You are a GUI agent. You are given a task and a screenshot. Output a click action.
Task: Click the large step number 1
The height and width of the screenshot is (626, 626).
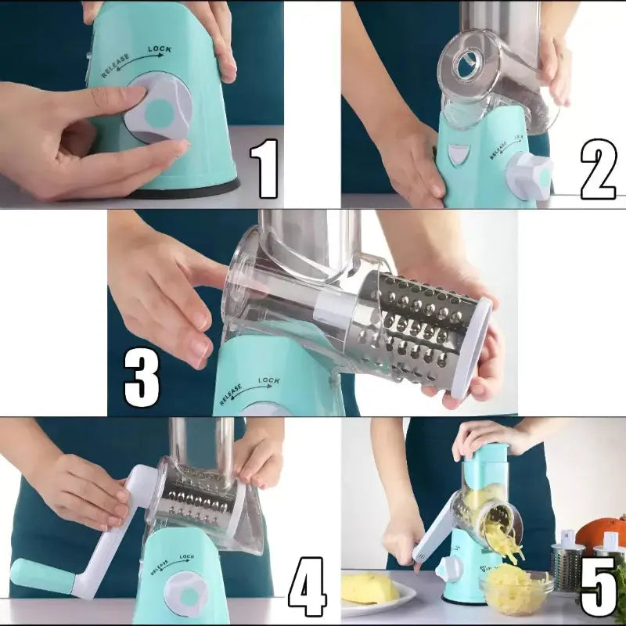pos(264,168)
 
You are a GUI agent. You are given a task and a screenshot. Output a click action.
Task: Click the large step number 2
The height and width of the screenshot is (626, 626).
pos(598,169)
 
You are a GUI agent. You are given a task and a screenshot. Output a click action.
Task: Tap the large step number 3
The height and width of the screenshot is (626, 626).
pos(142,377)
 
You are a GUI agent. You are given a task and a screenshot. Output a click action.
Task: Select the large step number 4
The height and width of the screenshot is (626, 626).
pos(307,587)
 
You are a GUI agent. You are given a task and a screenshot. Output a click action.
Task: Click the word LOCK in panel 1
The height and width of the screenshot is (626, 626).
pos(160,49)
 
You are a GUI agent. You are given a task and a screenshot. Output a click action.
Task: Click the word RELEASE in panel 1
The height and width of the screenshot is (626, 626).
pos(115,65)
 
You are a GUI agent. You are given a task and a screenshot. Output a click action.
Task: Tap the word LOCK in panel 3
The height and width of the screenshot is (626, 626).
pos(269,380)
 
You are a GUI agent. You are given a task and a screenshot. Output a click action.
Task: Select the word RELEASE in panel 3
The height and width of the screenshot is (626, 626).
pos(231,394)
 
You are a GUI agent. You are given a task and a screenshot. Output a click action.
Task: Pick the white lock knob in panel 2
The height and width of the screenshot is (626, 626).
pos(530,176)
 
